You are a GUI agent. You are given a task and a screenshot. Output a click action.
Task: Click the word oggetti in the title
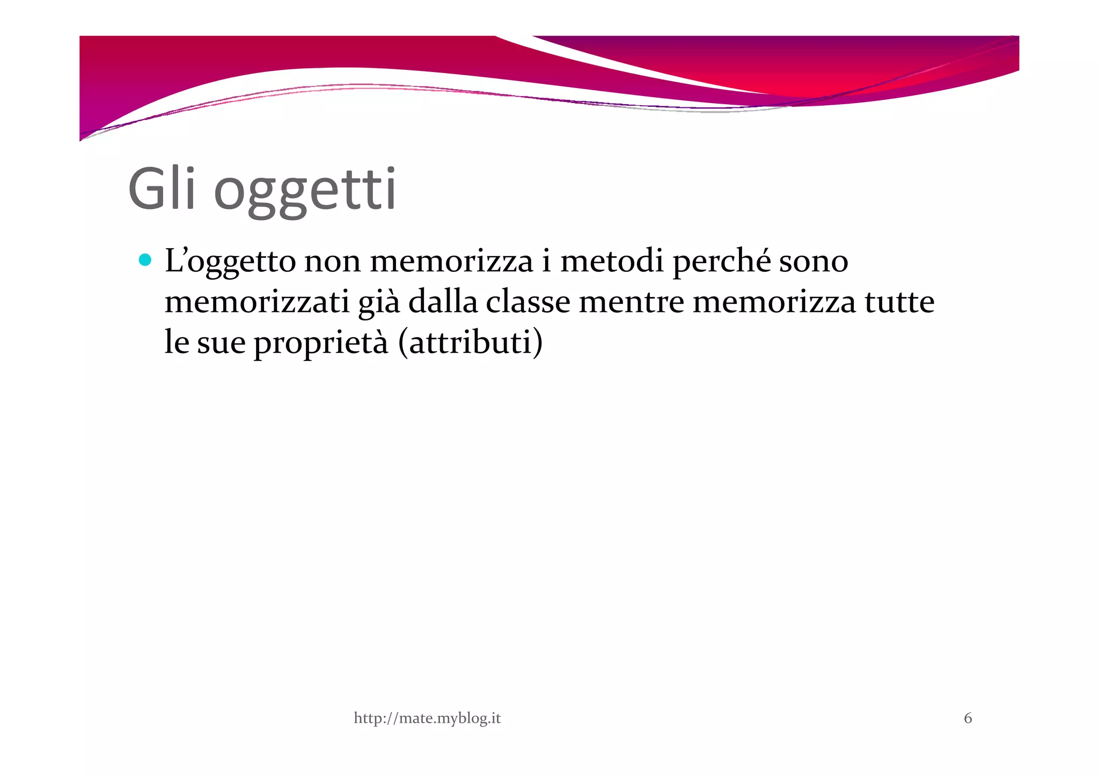point(305,192)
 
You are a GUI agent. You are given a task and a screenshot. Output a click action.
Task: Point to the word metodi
point(612,262)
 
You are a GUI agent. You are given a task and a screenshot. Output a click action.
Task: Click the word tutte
point(899,302)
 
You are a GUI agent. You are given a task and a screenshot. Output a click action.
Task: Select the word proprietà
point(320,344)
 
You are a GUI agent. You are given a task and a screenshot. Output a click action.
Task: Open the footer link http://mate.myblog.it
point(427,718)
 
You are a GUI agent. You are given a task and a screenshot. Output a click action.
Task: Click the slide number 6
point(968,718)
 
